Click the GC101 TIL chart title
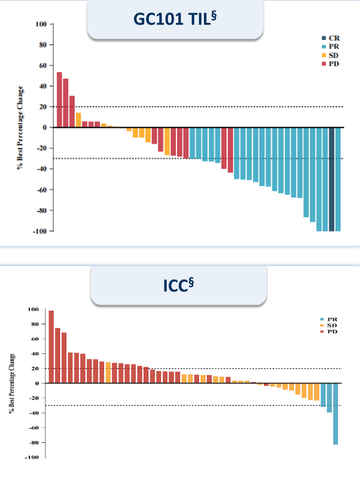coord(175,19)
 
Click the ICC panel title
coord(179,285)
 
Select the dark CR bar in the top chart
coord(331,179)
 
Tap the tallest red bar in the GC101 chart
coord(59,100)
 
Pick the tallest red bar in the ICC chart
coord(51,347)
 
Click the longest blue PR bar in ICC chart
coord(335,414)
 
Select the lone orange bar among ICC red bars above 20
coord(108,372)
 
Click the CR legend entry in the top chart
coord(331,38)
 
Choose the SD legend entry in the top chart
coord(330,55)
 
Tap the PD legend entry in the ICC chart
coord(328,332)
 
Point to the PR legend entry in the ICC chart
coord(328,319)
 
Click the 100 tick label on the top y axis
coord(41,24)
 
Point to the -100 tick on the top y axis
coord(40,231)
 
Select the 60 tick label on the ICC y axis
coord(35,339)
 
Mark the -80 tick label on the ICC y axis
coord(34,443)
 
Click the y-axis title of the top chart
coord(20,128)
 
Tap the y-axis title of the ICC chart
coord(12,383)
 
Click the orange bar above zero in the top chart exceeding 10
coord(78,120)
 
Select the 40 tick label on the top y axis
coord(43,86)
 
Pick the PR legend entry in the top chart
coord(331,46)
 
